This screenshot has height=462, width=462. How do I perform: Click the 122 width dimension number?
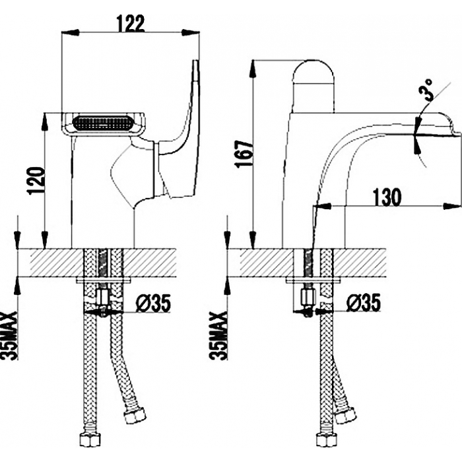click(131, 23)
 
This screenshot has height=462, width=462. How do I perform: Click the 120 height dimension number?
click(36, 181)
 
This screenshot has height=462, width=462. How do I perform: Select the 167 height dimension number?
click(244, 154)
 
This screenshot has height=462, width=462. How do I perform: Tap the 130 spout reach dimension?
click(387, 197)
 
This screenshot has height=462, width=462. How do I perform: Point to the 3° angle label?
click(427, 89)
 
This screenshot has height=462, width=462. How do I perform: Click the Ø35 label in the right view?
click(364, 303)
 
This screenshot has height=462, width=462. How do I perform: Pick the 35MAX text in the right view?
click(218, 335)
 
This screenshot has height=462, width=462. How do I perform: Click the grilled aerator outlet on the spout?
click(104, 123)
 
